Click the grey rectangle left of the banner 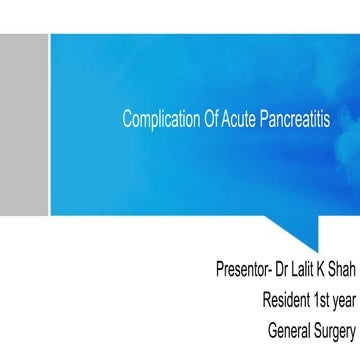(x=24, y=123)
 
